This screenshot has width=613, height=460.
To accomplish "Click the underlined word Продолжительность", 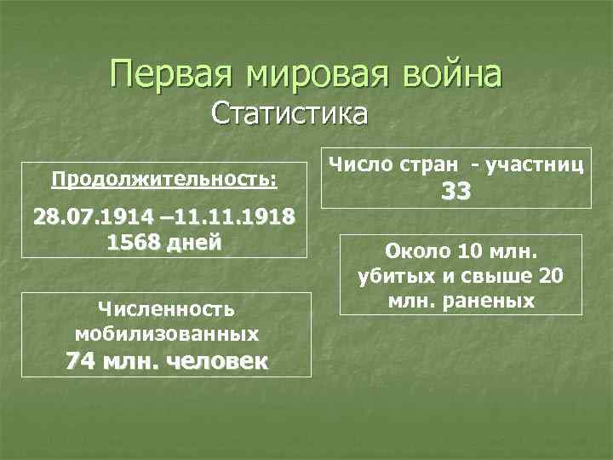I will [x=163, y=180].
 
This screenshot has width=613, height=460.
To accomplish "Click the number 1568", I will [x=135, y=241].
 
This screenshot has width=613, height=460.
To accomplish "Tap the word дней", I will [x=197, y=241].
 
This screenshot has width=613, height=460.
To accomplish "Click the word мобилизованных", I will [x=166, y=332].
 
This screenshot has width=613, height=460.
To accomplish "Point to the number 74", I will [x=82, y=361].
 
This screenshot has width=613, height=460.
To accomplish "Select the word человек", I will [x=218, y=361].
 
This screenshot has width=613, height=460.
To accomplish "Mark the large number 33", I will [x=455, y=193].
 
